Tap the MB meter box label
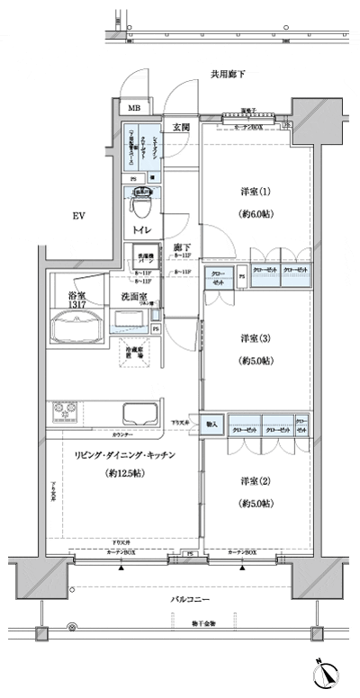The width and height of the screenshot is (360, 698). coord(134,109)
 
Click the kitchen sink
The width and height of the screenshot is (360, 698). coord(139,416)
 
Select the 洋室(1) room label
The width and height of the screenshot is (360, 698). coord(256,192)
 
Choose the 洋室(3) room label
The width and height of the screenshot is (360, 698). coord(256,339)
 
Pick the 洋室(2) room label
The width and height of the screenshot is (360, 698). coord(256,481)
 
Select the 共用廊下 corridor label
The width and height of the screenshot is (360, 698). coord(229,75)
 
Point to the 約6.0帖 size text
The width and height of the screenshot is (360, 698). coord(256,216)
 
